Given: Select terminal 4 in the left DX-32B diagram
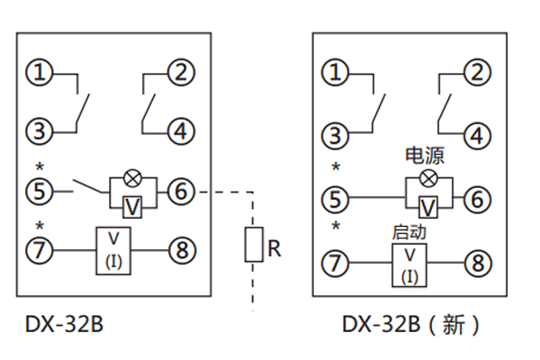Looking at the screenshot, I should (x=181, y=130).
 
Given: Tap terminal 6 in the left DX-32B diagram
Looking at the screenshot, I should (x=181, y=191).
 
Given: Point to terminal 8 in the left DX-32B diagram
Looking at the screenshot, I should (x=181, y=250).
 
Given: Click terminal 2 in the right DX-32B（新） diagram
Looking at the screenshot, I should (x=478, y=72).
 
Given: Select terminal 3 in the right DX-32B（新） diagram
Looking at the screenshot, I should (x=336, y=136).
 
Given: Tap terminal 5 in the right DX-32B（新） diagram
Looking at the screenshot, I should (x=336, y=198).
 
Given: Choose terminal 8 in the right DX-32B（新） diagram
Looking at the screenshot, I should (x=478, y=263).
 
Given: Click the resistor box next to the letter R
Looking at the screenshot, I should (x=254, y=246).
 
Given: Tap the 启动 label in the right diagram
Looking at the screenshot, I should (x=409, y=231).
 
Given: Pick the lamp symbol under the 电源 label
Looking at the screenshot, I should (x=428, y=179).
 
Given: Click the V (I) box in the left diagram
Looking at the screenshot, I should (x=114, y=249).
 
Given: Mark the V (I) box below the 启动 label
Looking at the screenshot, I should (x=409, y=264).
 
